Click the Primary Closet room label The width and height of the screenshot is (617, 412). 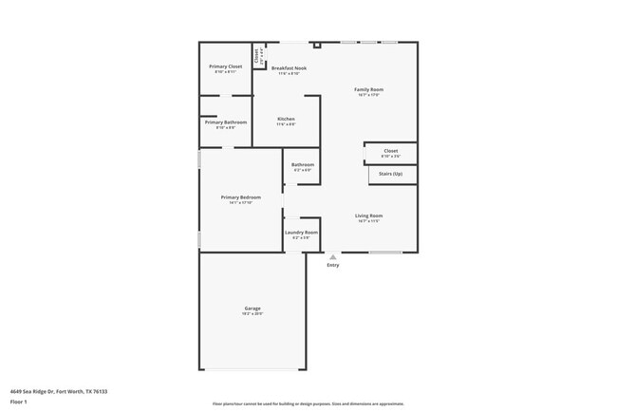coord(226,66)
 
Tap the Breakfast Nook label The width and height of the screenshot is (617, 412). coord(289,68)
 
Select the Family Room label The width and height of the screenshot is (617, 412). coord(369,89)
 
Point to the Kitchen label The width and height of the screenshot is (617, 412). coord(286,119)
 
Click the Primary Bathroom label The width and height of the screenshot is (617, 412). coord(226,122)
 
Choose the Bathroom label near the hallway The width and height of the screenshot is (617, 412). coord(303,165)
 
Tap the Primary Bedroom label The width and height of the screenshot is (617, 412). coord(241,197)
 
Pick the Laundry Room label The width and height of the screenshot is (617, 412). coord(301,233)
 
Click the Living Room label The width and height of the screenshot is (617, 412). coord(368,215)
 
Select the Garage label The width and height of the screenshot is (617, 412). coord(252,309)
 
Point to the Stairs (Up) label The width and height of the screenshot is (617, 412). coord(391,175)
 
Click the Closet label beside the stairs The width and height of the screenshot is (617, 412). coord(391,150)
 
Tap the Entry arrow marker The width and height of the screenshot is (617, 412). coord(332,256)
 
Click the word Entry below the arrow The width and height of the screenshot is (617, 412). coord(332,265)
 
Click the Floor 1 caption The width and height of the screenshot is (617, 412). coord(19,402)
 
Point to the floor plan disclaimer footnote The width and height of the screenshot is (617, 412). coord(308,403)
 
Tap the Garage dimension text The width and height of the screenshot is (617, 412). coord(252,314)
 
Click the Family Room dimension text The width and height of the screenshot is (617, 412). coord(369,95)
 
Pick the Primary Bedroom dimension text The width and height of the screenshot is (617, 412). coord(241,203)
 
